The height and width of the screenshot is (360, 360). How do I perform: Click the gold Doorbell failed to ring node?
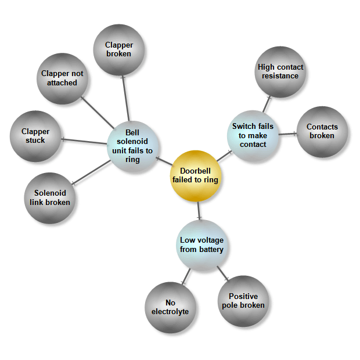point(195,175)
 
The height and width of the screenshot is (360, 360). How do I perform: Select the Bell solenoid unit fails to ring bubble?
point(132,146)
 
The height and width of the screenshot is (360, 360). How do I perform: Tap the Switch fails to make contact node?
point(253,135)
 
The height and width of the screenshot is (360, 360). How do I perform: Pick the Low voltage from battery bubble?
point(201,245)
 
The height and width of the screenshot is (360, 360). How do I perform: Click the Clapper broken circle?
point(119,49)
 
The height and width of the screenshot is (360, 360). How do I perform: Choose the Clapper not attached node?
point(62,78)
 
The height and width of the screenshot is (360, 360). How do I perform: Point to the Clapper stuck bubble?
point(35,136)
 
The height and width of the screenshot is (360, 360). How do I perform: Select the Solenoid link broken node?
point(50,198)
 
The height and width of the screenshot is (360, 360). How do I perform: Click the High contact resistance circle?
point(280,71)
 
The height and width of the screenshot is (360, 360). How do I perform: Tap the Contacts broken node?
point(322,131)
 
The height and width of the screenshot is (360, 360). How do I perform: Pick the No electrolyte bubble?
point(170,307)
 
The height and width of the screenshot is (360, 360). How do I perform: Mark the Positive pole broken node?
point(243,301)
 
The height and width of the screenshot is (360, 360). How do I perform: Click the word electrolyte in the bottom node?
point(170,312)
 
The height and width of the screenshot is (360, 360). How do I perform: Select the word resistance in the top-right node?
point(280,76)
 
